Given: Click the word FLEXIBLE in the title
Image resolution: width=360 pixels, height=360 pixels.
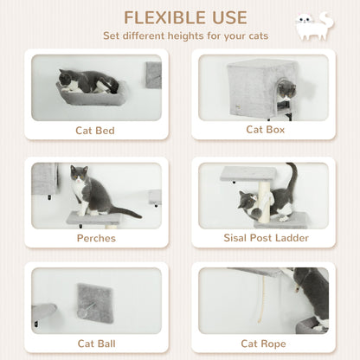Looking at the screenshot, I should tap(162, 17).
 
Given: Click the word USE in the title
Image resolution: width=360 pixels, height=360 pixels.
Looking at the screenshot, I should tap(226, 17).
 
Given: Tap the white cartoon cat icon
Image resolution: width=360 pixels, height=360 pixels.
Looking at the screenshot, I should tap(312, 26).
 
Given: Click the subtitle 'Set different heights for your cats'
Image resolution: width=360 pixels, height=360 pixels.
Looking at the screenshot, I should tap(185, 36).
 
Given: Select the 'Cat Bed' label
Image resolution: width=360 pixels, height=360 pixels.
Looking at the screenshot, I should tap(96, 131).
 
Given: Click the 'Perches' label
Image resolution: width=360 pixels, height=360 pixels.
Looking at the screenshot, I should tap(96, 238).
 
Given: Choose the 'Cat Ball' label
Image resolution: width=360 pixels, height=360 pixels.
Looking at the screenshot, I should tap(96, 344).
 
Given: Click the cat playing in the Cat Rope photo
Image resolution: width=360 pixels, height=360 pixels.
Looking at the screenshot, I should tap(310, 294).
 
